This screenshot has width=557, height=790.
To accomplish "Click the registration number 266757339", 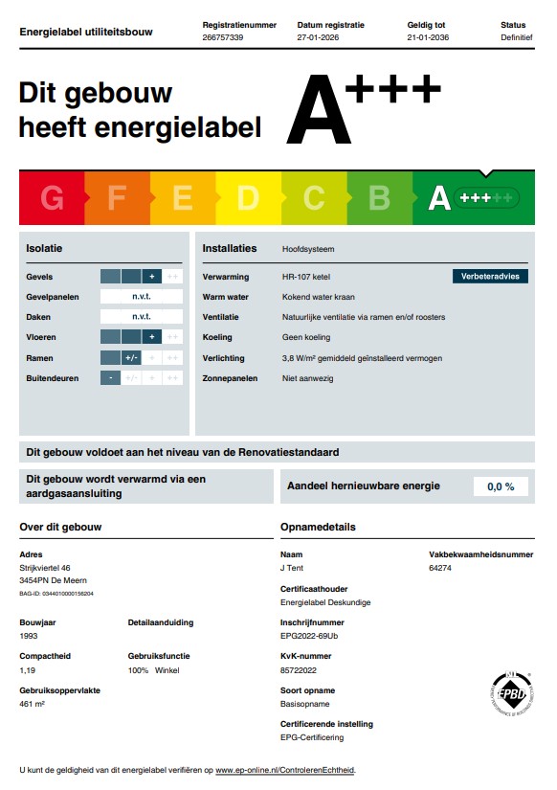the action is [x=223, y=37].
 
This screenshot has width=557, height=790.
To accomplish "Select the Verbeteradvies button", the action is [x=490, y=276].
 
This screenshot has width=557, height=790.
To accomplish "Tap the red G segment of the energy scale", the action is [x=52, y=198].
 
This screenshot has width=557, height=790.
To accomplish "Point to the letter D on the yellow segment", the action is [x=248, y=198].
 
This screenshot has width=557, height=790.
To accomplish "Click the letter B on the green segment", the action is [x=379, y=198].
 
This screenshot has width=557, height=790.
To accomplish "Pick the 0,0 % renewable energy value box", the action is [x=501, y=486].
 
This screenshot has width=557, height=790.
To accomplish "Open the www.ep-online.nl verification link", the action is [x=284, y=770].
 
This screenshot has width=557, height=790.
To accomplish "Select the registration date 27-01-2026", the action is [x=318, y=37].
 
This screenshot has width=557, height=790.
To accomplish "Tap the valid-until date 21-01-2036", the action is [x=428, y=37].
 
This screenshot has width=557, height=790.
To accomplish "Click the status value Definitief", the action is [x=516, y=37].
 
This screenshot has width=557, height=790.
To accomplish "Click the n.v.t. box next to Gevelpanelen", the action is [x=142, y=297].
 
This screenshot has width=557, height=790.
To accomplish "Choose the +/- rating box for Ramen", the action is [x=131, y=357].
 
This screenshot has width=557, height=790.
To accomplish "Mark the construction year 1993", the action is [x=30, y=636].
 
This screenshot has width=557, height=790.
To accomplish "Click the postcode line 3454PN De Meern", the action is [x=54, y=581].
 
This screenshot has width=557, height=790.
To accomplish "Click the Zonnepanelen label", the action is [x=230, y=378].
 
